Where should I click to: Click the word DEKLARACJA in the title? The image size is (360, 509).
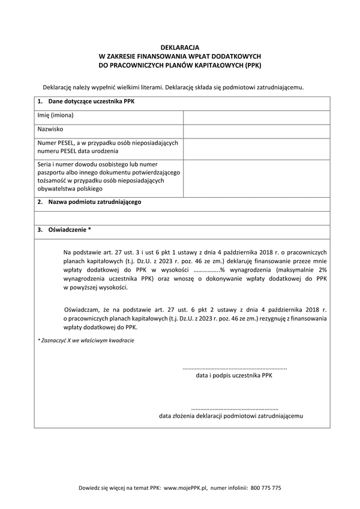(180, 46)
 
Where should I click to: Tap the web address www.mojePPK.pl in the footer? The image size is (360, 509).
(185, 489)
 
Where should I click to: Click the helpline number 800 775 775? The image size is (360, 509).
(266, 489)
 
